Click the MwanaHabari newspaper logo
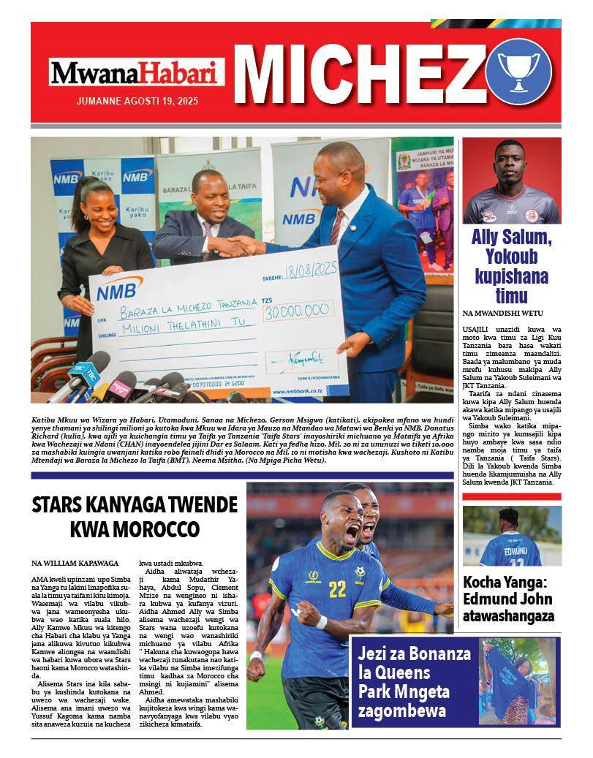[x=137, y=73]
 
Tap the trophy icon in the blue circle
[x=518, y=70]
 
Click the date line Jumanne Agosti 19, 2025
[x=136, y=101]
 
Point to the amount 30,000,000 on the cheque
[x=296, y=309]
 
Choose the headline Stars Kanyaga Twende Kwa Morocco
[x=135, y=516]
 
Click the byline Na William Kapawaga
[x=72, y=563]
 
